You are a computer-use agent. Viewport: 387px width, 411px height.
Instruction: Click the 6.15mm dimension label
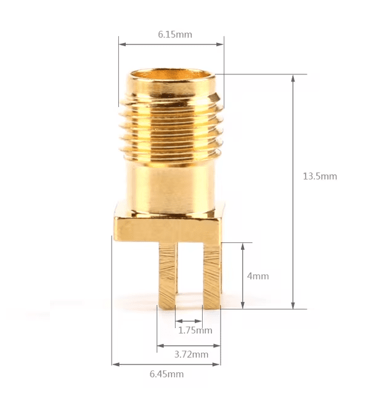[174, 34]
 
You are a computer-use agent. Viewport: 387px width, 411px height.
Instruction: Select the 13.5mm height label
[319, 176]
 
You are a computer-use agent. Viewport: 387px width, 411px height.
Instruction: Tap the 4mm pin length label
[258, 276]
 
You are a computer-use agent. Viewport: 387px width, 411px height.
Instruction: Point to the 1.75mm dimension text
[195, 330]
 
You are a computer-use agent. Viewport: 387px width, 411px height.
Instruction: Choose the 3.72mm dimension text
[191, 354]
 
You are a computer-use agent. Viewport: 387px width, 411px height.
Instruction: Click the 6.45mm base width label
[166, 373]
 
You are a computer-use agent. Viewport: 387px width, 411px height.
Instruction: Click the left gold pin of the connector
[168, 274]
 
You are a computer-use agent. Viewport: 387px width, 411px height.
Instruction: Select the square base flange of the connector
[168, 225]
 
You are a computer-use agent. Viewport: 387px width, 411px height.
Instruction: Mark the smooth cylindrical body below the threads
[171, 185]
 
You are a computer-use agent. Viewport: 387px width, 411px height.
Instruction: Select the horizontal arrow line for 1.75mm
[189, 321]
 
